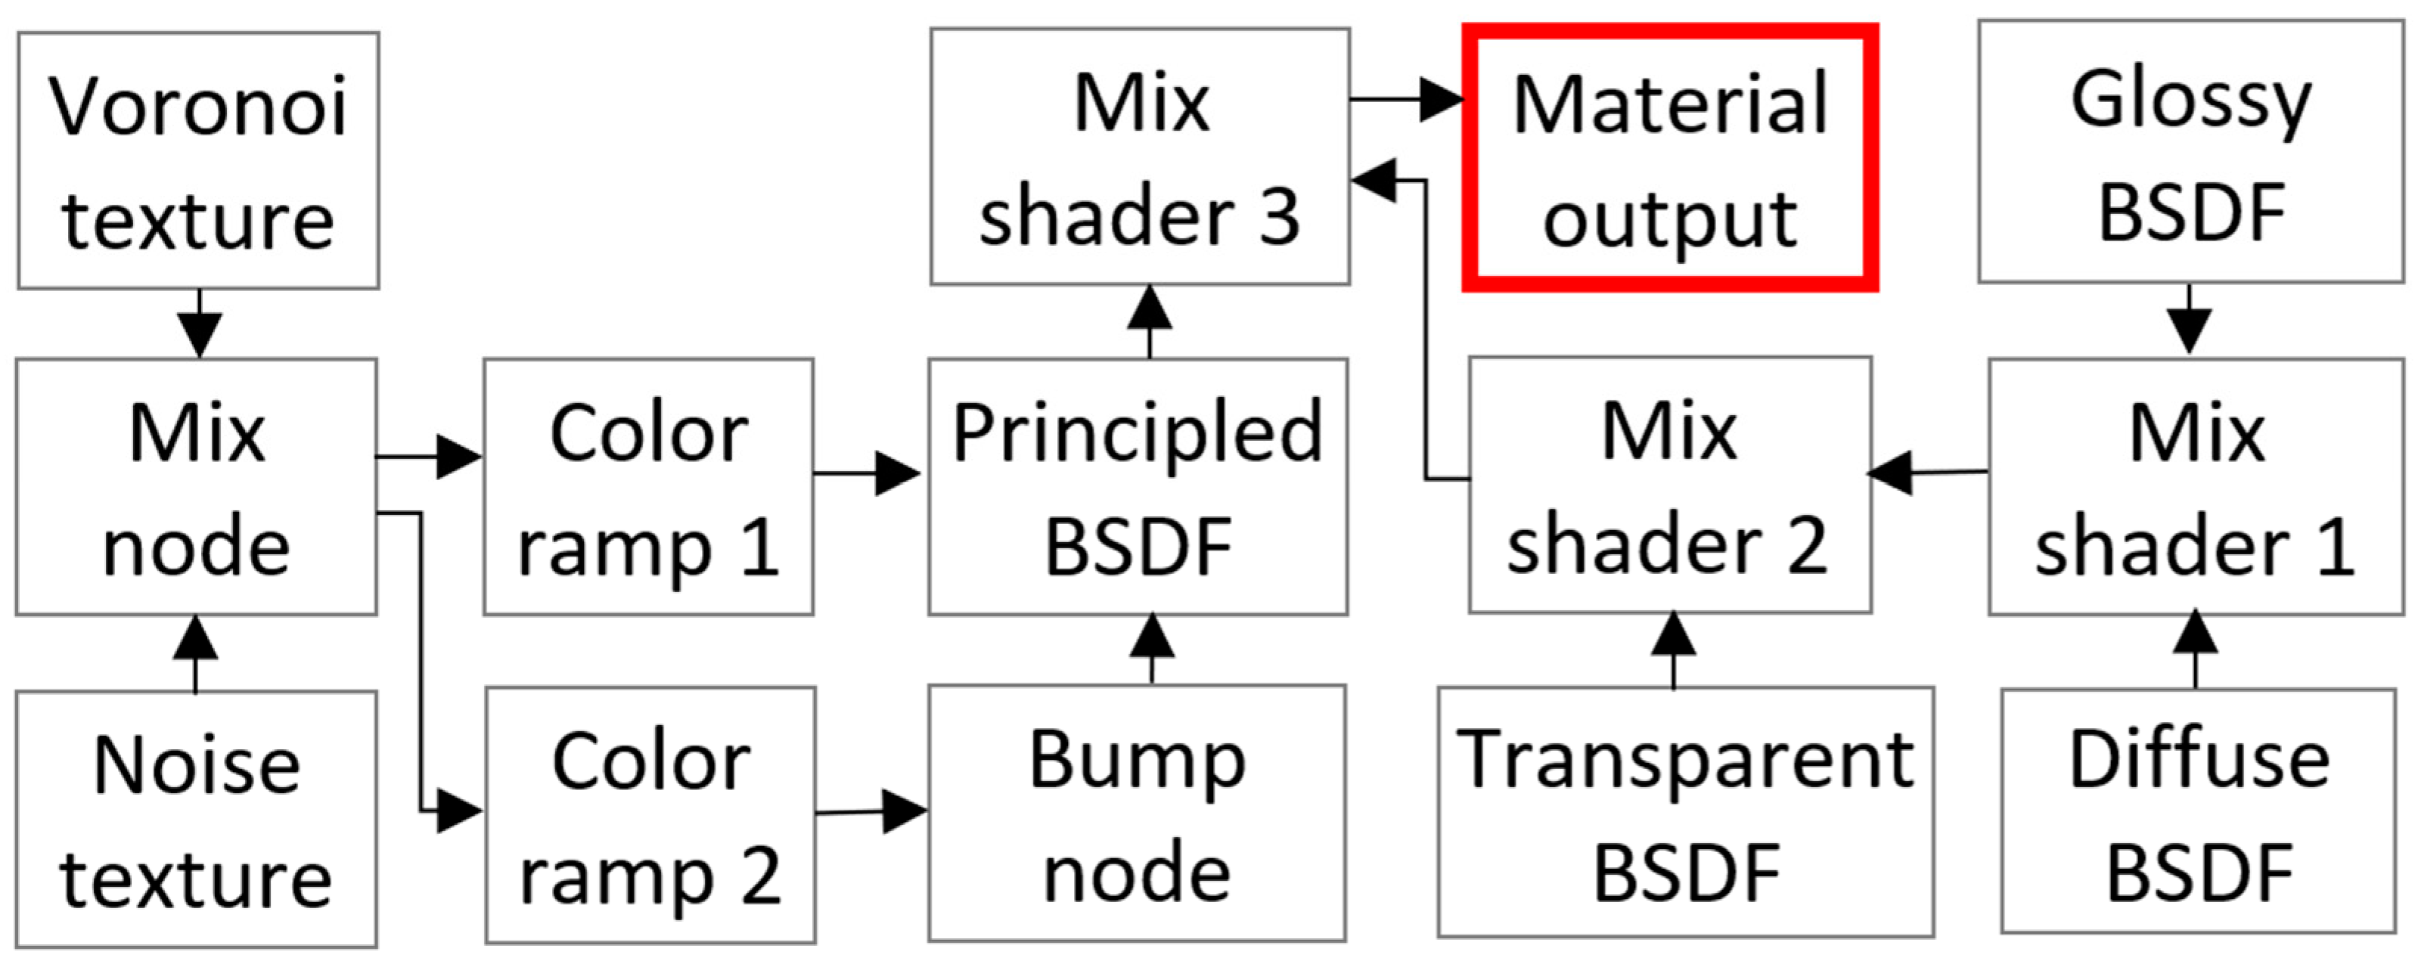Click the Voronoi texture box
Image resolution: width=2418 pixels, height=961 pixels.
point(198,160)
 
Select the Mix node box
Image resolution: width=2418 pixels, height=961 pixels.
point(196,486)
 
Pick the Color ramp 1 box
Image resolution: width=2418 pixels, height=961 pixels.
point(649,486)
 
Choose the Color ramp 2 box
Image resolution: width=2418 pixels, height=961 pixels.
point(650,814)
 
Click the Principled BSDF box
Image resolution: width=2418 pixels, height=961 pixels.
point(1138,486)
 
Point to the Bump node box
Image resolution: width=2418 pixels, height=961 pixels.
point(1137,813)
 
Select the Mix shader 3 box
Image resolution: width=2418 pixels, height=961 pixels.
point(1140,157)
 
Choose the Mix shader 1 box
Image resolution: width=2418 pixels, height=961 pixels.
point(2196,486)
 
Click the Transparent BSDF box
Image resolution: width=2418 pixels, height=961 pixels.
point(1686,813)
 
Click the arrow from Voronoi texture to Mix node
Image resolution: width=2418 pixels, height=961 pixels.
point(199,324)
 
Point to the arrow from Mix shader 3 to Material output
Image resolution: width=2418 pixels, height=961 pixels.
point(1406,98)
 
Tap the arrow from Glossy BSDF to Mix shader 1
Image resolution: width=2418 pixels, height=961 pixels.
point(2189,319)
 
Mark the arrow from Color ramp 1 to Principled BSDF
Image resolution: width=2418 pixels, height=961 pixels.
point(869,473)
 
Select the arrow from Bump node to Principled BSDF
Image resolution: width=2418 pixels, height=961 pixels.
point(1152,649)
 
